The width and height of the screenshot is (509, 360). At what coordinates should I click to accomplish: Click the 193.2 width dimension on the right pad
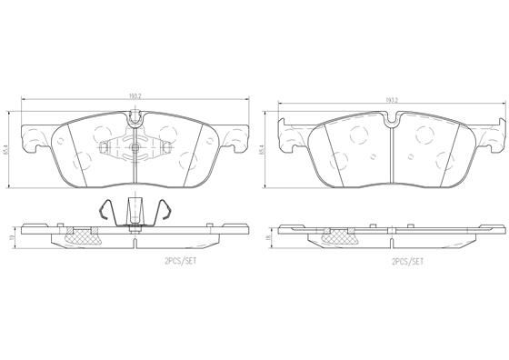393,99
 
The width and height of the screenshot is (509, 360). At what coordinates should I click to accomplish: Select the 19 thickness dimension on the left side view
10,239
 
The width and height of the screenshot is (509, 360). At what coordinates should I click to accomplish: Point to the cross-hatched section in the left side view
85,238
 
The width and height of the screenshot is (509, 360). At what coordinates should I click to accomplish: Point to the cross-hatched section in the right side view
343,238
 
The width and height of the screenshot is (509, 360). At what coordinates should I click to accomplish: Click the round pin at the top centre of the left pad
134,116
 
